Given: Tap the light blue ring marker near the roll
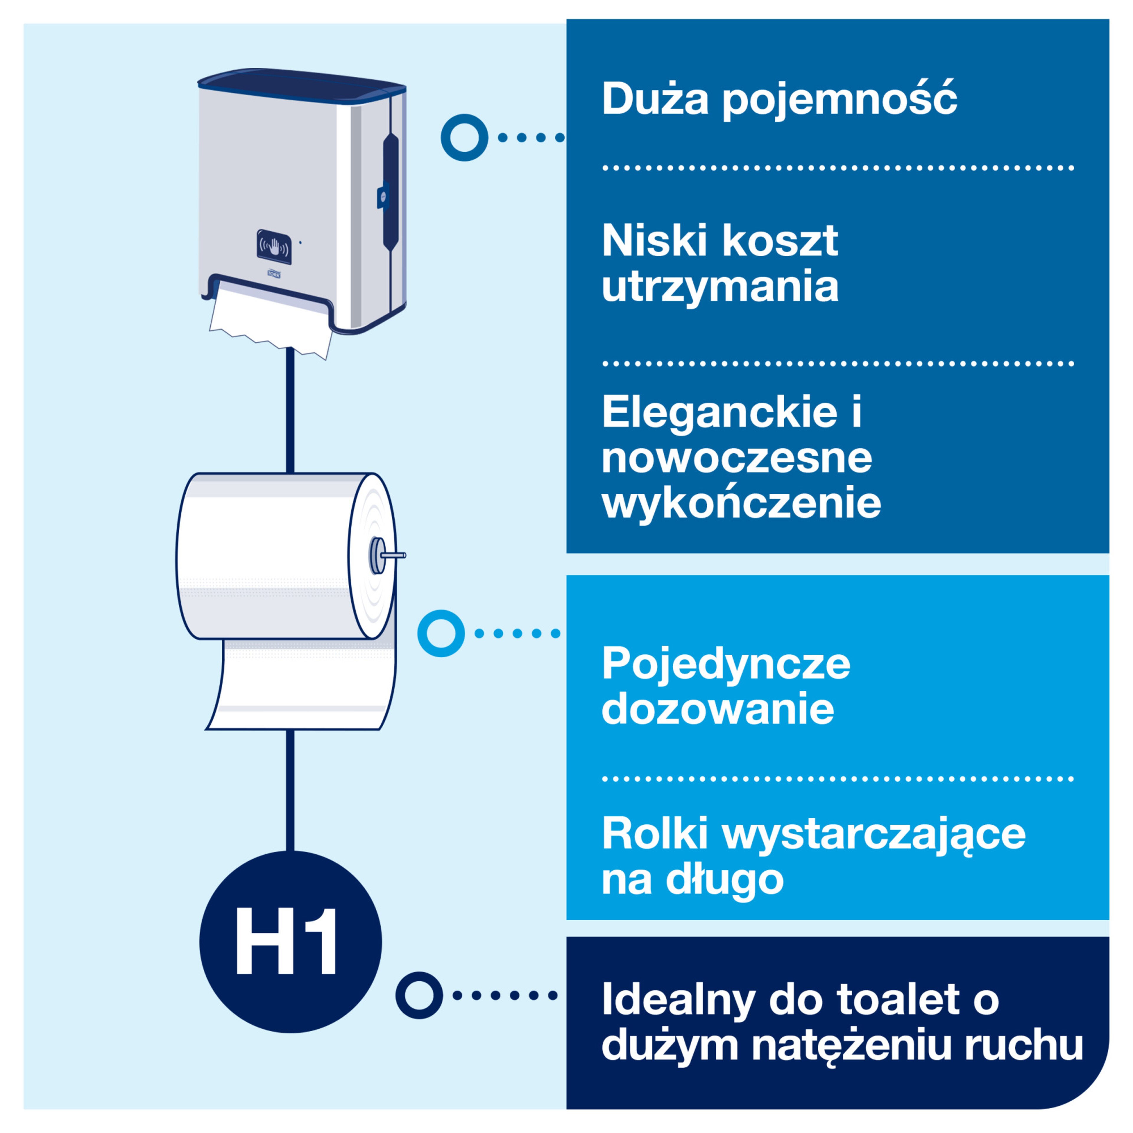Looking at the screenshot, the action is click(441, 633).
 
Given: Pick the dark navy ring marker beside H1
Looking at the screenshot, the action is click(419, 995).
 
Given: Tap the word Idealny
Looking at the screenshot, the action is click(679, 1001).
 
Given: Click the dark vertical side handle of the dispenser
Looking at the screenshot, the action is click(391, 191).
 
